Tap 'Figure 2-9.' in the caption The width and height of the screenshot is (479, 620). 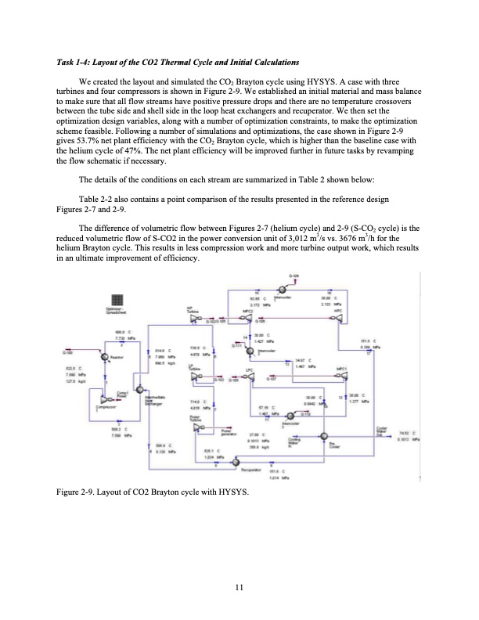tap(74, 492)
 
